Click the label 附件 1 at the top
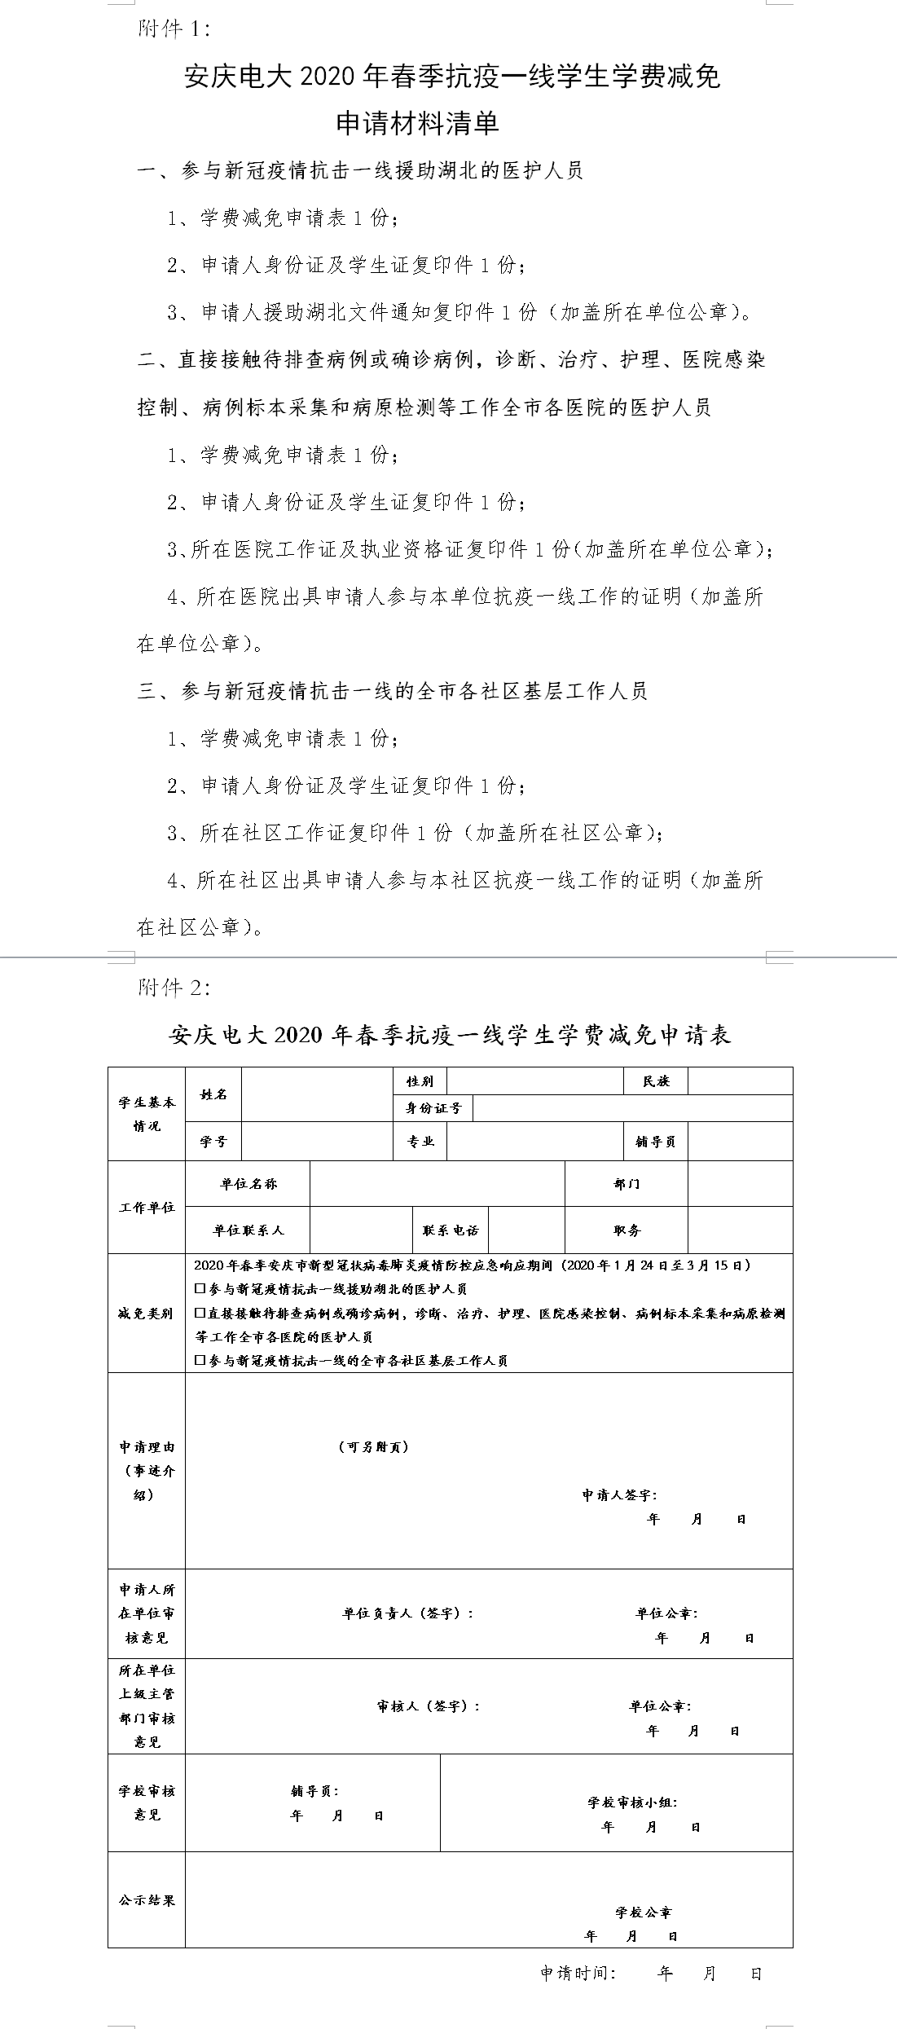[174, 29]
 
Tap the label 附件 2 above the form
[174, 988]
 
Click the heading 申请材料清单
[417, 124]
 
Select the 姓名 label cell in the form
[213, 1094]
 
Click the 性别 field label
[420, 1081]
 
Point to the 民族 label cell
[656, 1081]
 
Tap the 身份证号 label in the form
[433, 1108]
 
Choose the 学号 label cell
[213, 1142]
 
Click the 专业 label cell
[420, 1142]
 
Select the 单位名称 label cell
[248, 1184]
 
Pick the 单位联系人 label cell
[248, 1230]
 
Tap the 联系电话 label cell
[451, 1230]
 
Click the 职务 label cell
[627, 1230]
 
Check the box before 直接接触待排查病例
[200, 1314]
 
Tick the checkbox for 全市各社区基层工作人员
[200, 1361]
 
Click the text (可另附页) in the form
[373, 1447]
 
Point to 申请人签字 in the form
[619, 1495]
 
